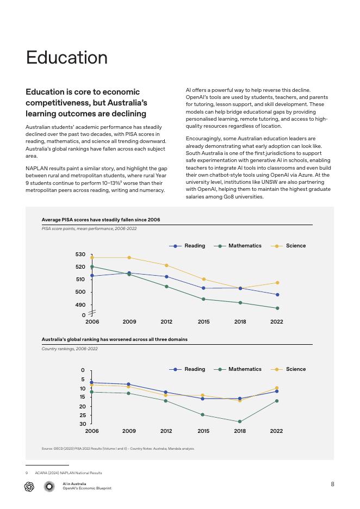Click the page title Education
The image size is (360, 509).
66,58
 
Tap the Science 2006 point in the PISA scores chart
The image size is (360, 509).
92,258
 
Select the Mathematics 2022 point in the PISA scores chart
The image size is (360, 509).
277,308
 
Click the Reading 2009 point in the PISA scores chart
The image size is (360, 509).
129,273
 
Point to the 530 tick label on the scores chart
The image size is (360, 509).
80,254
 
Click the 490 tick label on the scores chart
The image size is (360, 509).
80,305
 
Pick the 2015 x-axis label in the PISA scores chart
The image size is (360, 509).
203,322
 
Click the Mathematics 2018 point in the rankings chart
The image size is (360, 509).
240,421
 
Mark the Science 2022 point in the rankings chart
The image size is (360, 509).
277,388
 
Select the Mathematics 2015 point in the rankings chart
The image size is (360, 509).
203,415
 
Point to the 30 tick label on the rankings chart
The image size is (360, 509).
83,424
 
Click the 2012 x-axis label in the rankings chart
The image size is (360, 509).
166,431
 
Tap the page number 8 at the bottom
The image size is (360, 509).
332,484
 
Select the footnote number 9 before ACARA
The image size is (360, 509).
27,473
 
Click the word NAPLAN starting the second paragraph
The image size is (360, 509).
37,169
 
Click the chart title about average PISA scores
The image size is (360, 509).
101,220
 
